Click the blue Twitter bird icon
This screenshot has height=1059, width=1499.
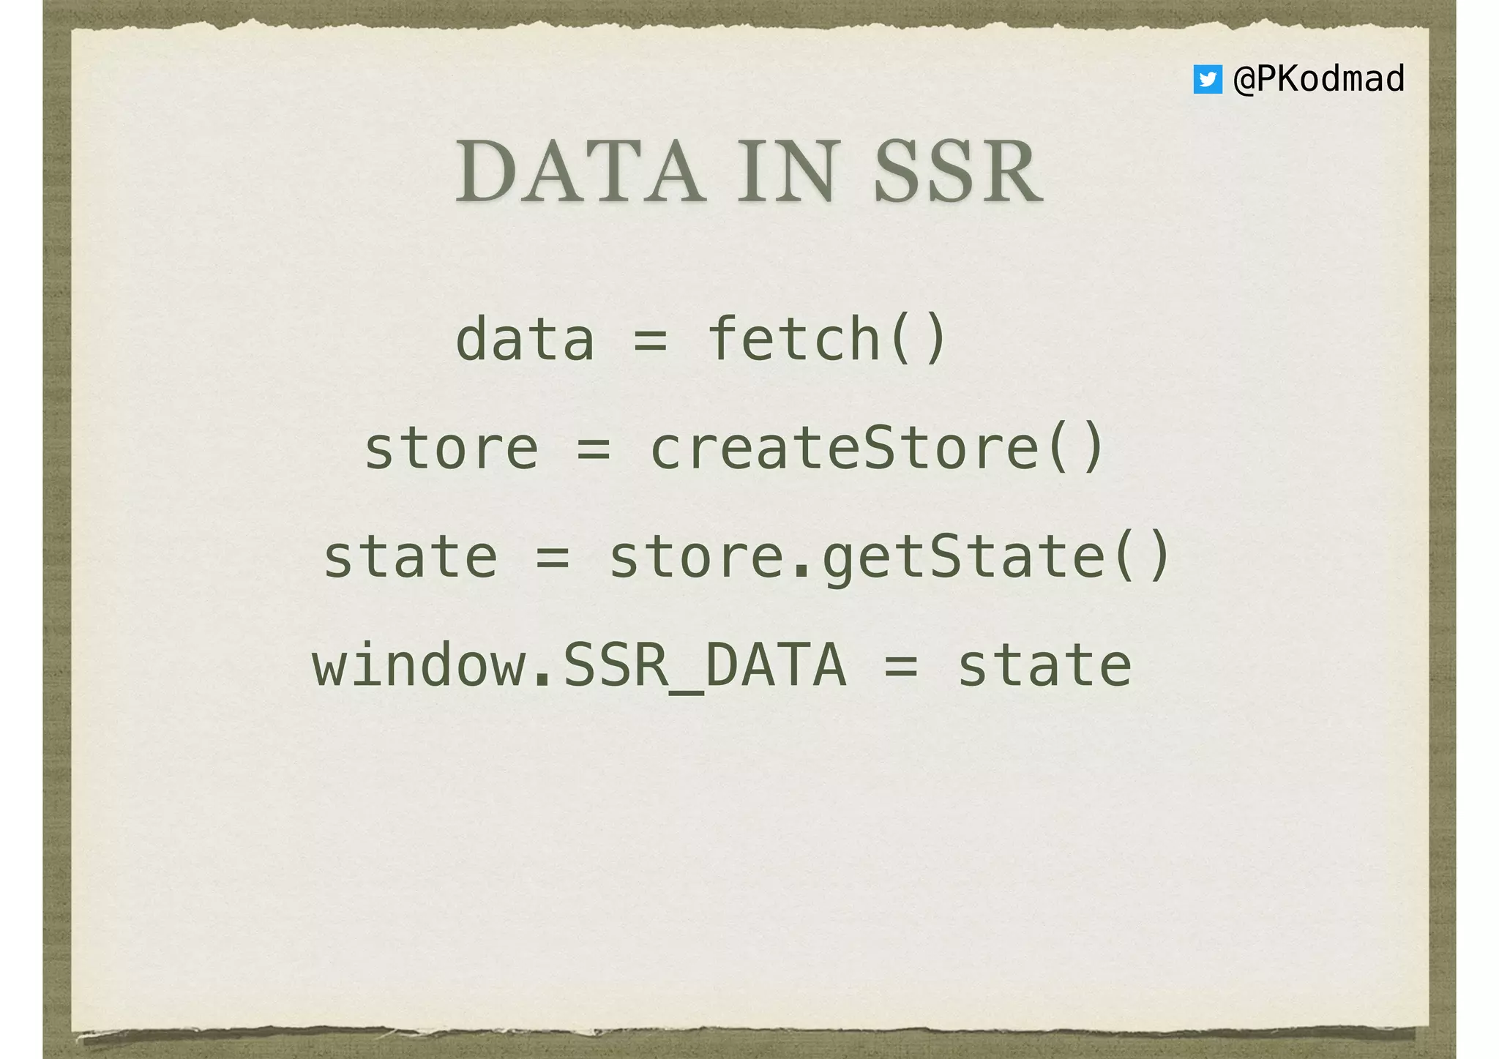click(1207, 79)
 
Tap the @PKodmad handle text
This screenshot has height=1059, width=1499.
click(1319, 79)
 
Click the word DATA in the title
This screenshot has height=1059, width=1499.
click(580, 173)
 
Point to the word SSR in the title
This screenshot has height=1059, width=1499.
click(958, 173)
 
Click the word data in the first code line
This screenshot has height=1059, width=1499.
click(524, 340)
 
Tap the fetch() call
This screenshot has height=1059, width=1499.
click(828, 340)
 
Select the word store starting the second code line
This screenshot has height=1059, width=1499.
click(451, 449)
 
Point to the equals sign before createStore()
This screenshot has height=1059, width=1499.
click(594, 450)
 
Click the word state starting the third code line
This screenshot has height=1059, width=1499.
click(410, 558)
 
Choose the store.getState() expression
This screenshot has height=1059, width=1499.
click(889, 558)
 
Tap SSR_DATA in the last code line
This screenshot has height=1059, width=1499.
click(703, 666)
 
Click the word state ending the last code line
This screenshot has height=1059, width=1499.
click(1044, 666)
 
